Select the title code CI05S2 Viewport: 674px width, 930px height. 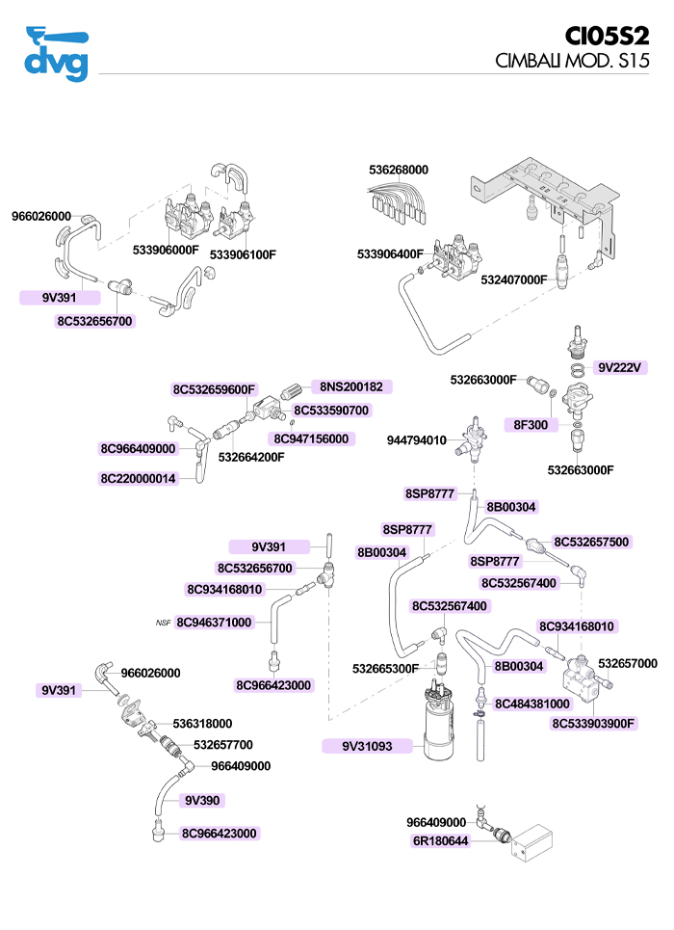point(607,36)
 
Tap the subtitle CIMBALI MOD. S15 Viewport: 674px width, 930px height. point(572,60)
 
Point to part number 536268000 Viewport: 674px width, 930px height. point(399,170)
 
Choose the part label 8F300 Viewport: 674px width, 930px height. point(531,424)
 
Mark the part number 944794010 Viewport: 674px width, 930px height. point(417,440)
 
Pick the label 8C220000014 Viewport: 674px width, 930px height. point(139,478)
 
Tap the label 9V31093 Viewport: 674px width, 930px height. point(368,746)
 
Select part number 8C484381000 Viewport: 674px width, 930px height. point(532,704)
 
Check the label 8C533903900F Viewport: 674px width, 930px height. point(595,723)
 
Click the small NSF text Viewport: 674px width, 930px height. point(163,623)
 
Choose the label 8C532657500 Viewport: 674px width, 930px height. point(591,542)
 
